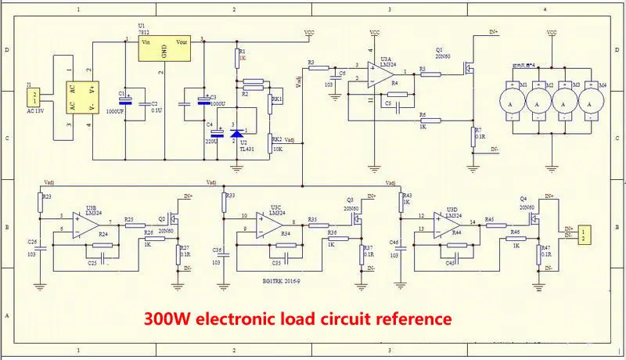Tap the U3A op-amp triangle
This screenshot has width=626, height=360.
point(382,72)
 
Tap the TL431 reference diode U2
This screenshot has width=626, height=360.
point(236,134)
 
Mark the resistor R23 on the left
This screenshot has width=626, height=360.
point(40,203)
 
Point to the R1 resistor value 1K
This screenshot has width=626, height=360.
point(243,58)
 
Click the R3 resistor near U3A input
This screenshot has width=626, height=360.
point(318,67)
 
